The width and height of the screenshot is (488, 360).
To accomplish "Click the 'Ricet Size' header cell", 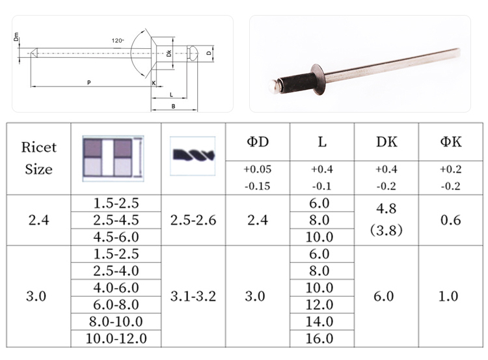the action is pos(38,158).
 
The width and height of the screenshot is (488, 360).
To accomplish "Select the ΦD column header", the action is pos(258,142).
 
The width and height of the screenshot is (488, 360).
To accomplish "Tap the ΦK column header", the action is pos(451,142).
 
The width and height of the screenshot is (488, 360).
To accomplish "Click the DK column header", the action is pos(386,142).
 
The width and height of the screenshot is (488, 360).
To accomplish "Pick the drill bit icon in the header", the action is pos(193,156).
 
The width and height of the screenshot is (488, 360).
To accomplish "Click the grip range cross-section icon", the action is pos(113,158).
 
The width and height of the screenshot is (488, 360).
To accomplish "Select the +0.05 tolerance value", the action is pos(258,169).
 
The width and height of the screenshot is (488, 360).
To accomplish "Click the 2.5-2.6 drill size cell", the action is pos(193,220).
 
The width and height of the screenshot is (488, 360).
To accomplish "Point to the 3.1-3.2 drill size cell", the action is pos(193,296).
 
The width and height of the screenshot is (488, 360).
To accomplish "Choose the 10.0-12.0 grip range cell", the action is pos(116,339).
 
